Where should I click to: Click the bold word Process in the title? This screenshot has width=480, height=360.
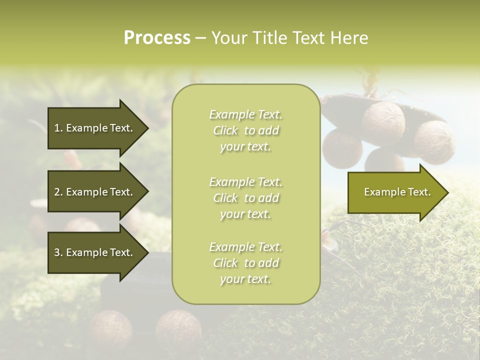(x=157, y=37)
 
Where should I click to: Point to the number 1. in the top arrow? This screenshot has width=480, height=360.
(x=58, y=128)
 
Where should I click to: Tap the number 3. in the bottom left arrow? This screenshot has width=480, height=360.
(x=58, y=252)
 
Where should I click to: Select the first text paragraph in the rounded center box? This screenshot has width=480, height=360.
(x=245, y=130)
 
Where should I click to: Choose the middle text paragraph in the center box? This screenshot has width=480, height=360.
(x=245, y=197)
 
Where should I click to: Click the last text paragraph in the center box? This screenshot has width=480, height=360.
(x=245, y=263)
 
